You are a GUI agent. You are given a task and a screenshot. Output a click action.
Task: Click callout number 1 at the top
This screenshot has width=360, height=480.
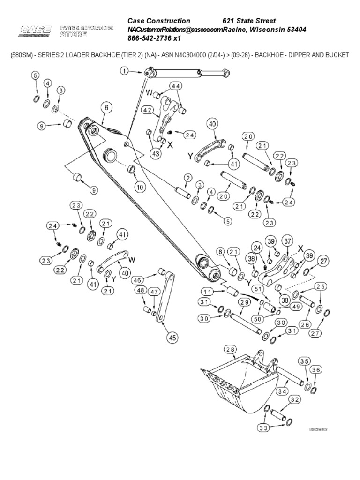[124, 71]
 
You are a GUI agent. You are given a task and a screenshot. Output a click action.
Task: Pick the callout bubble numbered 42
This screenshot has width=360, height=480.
[148, 111]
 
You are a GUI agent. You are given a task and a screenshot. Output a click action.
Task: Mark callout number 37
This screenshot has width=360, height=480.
[287, 241]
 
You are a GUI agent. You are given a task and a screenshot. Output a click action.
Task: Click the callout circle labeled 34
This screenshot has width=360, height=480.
[282, 391]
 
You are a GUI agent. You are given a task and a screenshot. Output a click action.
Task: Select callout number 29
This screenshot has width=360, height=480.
[244, 302]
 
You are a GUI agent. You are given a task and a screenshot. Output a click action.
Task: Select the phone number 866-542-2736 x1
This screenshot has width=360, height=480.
[154, 38]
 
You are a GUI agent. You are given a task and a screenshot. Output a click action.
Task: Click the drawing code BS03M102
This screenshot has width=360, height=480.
[317, 429]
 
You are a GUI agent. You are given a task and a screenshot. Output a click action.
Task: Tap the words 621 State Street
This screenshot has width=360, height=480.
[248, 21]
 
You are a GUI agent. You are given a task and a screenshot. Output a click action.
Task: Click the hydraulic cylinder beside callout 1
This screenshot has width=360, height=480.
[187, 72]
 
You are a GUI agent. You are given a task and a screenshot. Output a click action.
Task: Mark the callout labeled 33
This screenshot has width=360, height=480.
[263, 427]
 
